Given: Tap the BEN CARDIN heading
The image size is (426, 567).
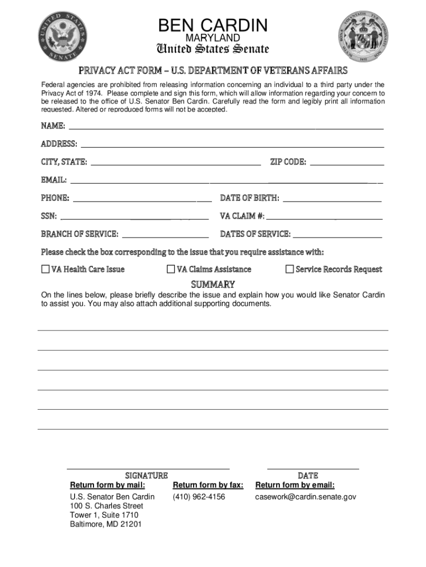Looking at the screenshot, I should [213, 25].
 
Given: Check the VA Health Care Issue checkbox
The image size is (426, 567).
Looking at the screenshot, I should [45, 269].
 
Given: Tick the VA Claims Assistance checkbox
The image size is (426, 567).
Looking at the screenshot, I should [171, 269].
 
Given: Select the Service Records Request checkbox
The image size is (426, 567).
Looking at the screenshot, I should [289, 269].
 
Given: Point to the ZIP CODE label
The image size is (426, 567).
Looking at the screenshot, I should [288, 162].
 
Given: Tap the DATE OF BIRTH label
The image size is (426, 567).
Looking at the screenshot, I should [250, 198].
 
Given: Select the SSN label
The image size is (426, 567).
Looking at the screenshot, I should [49, 215].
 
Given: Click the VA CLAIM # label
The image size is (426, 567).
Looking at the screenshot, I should [242, 215].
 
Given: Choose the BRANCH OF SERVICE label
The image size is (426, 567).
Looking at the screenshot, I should [79, 234].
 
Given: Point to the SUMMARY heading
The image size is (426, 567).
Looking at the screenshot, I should [213, 284].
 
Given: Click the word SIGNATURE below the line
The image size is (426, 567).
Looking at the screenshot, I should [146, 475].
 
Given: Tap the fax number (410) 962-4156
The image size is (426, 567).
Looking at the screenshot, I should [199, 497].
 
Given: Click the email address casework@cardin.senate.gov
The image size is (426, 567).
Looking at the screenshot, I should [305, 497].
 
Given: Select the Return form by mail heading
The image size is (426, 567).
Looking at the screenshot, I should [107, 485].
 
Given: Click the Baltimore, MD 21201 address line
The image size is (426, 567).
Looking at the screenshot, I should [106, 524].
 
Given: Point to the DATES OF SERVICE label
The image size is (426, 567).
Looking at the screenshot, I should [255, 234].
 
